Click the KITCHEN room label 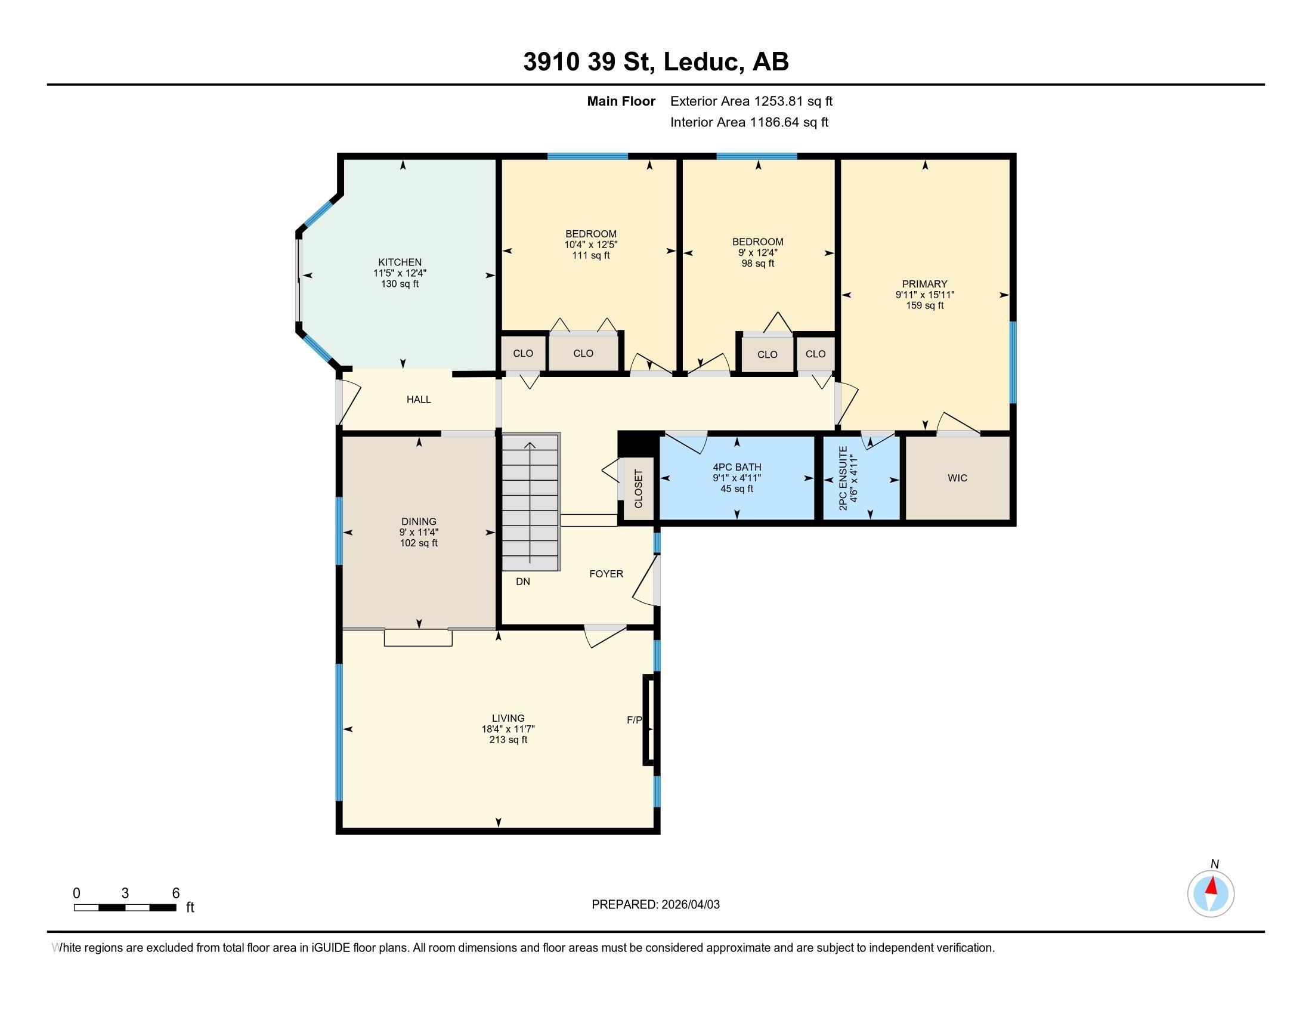pos(400,262)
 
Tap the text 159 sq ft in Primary pos(924,305)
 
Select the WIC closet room pos(957,478)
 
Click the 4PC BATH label pos(737,467)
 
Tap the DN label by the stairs pos(522,582)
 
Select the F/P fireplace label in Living pos(634,720)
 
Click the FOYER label pos(605,574)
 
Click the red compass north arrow pos(1212,886)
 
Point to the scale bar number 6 pos(175,893)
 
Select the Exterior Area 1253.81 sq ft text pos(751,101)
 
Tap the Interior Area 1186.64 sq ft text pos(749,122)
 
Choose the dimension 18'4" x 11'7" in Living pos(508,729)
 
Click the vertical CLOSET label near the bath pos(638,489)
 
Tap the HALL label pos(418,400)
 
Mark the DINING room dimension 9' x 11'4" pos(418,532)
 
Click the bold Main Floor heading pos(621,101)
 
